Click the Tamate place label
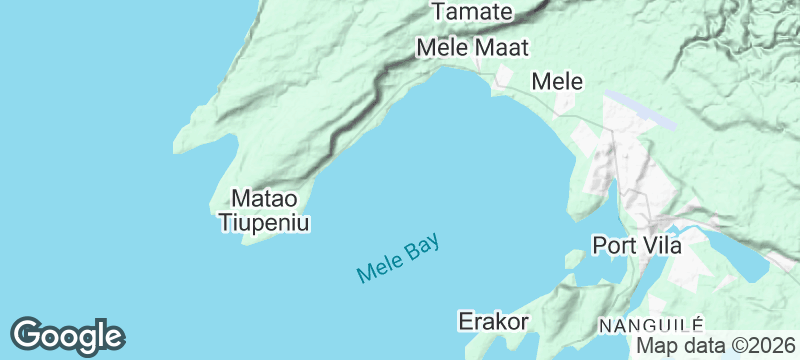[x=472, y=12]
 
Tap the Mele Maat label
[x=472, y=47]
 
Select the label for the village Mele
[x=558, y=81]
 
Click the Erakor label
[x=493, y=321]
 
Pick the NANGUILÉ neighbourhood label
[x=651, y=326]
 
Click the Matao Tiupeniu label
[x=265, y=210]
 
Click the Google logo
[x=67, y=336]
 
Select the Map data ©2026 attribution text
[x=716, y=346]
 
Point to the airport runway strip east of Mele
[x=640, y=111]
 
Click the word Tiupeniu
[x=265, y=222]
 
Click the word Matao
[x=265, y=198]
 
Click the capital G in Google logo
[x=29, y=334]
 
